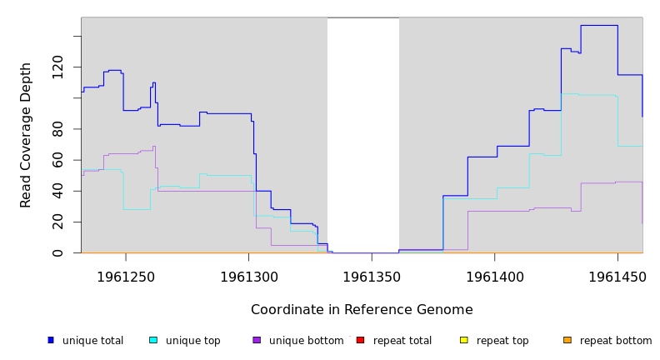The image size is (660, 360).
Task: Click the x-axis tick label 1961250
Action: tap(126, 276)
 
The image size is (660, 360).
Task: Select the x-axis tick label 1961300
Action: tap(248, 276)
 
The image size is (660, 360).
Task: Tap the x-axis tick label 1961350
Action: tap(372, 276)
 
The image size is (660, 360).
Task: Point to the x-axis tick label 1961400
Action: tap(494, 276)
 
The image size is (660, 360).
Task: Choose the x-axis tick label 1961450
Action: tap(617, 276)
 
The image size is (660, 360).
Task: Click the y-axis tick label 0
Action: tap(57, 252)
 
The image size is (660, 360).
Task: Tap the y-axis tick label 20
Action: tap(57, 222)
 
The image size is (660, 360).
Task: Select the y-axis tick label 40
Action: tap(57, 191)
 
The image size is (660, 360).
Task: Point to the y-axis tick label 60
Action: tap(57, 159)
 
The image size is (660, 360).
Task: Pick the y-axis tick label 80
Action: tap(57, 128)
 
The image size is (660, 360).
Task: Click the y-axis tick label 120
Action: tap(57, 67)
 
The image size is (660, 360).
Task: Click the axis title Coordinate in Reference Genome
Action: tap(362, 310)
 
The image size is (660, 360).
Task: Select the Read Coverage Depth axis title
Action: tap(26, 135)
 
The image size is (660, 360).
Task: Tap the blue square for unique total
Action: tap(51, 340)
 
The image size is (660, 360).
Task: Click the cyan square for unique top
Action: tap(153, 340)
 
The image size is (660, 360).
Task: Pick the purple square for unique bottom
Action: tap(257, 340)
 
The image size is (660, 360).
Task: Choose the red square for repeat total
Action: tap(360, 340)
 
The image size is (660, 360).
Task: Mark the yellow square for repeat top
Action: tap(463, 340)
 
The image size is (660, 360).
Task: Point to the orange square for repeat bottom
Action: tap(567, 340)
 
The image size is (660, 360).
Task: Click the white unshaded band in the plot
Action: tap(363, 133)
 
